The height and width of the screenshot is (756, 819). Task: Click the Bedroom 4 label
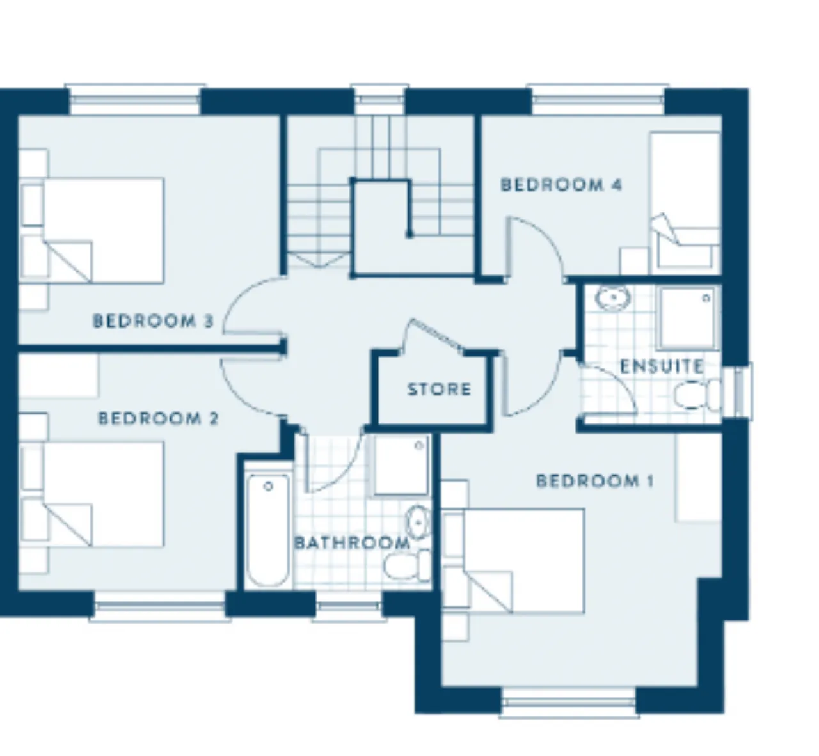tap(561, 184)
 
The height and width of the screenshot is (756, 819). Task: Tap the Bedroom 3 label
tap(153, 321)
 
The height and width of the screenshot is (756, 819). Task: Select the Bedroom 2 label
tap(158, 419)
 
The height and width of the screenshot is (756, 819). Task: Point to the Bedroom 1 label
tap(594, 481)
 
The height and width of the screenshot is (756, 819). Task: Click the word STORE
tap(439, 390)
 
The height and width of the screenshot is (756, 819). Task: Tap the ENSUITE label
tap(662, 366)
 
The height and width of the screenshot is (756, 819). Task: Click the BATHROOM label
tap(352, 543)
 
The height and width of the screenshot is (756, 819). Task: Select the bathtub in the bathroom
tap(267, 530)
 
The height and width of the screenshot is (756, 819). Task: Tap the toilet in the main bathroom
tap(406, 565)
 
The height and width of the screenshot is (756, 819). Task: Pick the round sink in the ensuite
tap(613, 298)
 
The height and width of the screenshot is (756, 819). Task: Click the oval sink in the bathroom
tap(418, 523)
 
